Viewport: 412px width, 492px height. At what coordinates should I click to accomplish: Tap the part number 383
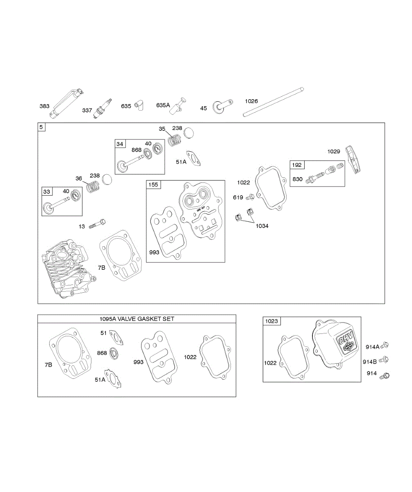click(x=44, y=107)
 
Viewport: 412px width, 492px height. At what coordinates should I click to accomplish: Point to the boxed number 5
click(x=41, y=127)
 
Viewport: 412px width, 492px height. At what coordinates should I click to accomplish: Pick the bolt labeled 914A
click(x=385, y=345)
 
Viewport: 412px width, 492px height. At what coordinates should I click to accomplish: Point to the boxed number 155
click(x=153, y=185)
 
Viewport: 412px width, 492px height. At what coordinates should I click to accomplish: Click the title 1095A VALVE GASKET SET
click(x=137, y=319)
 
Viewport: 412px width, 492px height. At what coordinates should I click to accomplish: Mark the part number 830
click(x=297, y=179)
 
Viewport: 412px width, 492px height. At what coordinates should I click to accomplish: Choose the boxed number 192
click(x=296, y=165)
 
